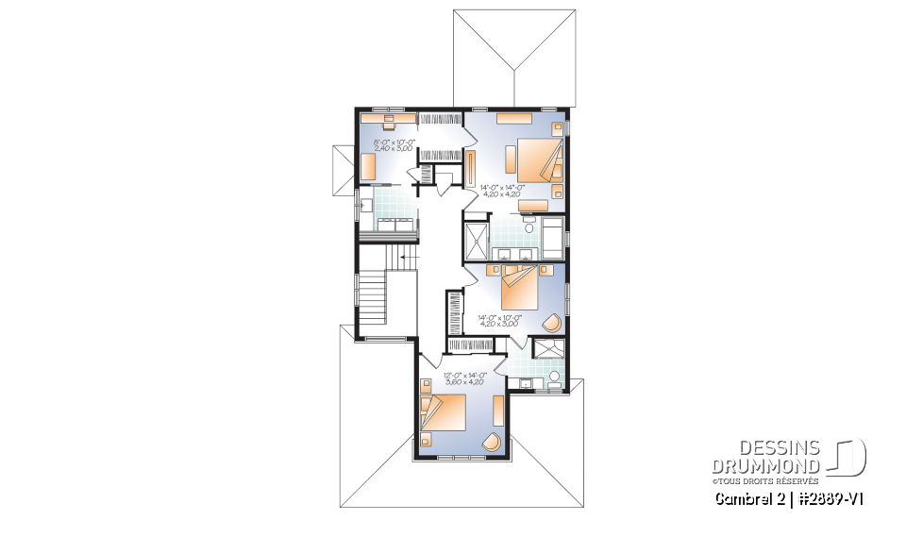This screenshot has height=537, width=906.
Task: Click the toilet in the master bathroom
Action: (x=529, y=227)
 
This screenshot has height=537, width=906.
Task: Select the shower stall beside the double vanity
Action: (x=476, y=240)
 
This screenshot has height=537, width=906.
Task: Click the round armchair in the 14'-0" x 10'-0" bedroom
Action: (x=552, y=322)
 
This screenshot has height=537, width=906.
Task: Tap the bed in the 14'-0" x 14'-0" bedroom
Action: (x=537, y=159)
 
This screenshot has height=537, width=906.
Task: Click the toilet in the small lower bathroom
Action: (x=555, y=379)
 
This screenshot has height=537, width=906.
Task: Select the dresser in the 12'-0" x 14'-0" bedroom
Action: (x=498, y=410)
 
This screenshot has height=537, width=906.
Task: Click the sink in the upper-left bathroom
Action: (x=363, y=203)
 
